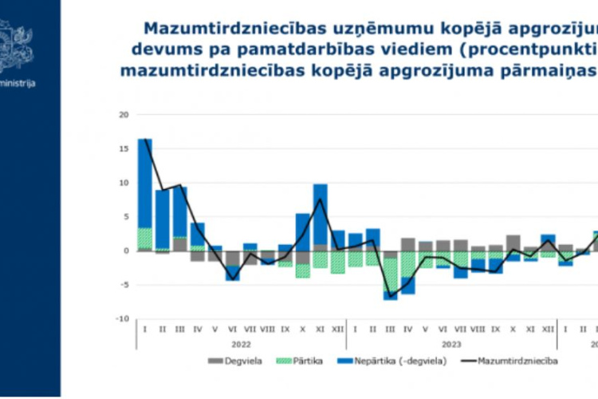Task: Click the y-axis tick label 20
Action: pos(123,115)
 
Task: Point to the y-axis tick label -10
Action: pos(121,319)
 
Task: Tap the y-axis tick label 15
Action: pos(123,149)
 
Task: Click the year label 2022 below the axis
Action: pos(241,344)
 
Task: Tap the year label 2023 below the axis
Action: pos(451,344)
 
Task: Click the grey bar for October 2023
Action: pos(513,243)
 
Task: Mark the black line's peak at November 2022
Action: pos(321,199)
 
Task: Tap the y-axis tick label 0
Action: pos(125,251)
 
